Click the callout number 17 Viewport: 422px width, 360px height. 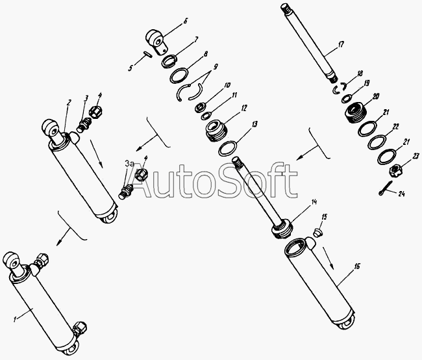click(341, 44)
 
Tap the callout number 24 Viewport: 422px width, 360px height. click(401, 194)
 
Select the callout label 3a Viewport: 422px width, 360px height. click(129, 164)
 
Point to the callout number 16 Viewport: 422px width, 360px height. click(357, 266)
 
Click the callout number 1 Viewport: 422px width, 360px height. click(15, 320)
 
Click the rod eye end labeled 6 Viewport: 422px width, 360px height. click(156, 41)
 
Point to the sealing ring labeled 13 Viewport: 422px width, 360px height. click(227, 148)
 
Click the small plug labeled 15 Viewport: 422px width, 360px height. click(318, 233)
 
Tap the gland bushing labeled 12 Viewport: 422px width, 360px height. click(216, 131)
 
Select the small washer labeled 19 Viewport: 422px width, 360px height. click(346, 99)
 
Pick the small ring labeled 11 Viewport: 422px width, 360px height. click(206, 116)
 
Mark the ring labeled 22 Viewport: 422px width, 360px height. click(377, 140)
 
